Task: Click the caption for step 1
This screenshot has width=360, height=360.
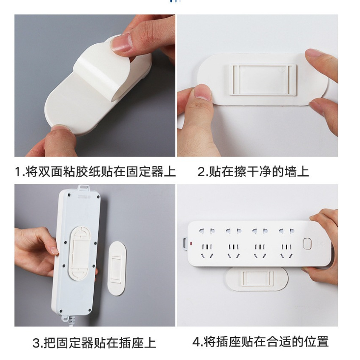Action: point(95,172)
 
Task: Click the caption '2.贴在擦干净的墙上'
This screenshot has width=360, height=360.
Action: point(253,172)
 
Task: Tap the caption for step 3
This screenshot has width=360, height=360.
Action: point(94,343)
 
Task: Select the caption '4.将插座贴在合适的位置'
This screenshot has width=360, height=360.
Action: point(260,342)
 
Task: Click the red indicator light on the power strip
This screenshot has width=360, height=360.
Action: point(191,243)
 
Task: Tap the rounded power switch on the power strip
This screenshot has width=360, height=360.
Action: point(307,243)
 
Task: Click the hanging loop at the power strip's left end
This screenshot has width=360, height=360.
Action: point(185,243)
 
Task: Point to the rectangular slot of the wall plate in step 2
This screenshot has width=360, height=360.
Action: point(263,80)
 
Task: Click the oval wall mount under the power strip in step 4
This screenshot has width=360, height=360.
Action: point(257,279)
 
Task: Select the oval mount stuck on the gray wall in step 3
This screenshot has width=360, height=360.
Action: point(117,269)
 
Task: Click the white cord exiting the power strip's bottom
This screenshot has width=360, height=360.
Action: point(72,321)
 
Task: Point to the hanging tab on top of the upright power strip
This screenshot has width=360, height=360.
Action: point(83,188)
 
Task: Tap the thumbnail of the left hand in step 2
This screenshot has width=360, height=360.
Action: point(202,92)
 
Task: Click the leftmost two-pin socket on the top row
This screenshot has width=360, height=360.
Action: point(207,231)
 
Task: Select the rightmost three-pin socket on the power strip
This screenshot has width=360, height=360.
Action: point(286,251)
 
